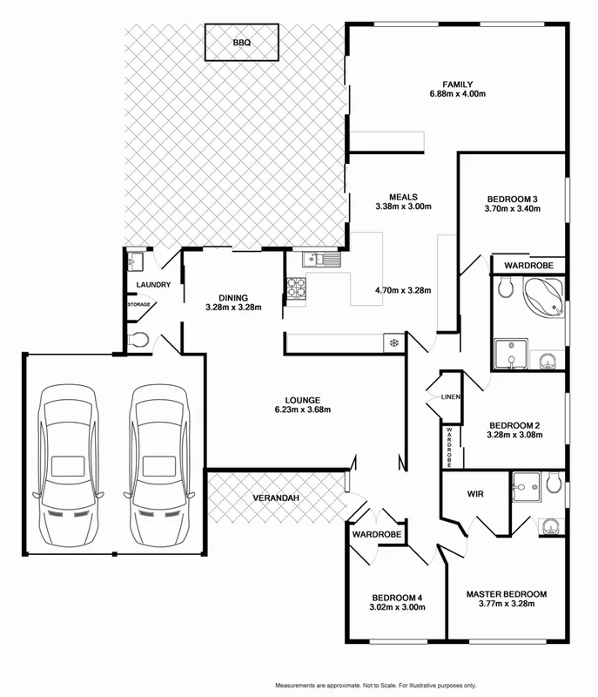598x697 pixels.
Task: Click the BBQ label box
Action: (241, 43)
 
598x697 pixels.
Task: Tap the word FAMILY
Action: (450, 85)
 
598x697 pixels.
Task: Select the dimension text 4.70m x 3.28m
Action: (403, 291)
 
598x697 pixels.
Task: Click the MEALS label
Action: (403, 196)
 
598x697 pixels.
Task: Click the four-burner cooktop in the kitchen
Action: (295, 288)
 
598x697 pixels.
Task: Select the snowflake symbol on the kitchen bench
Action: (393, 342)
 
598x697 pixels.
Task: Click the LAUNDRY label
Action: (153, 285)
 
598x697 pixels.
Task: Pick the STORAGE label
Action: (139, 304)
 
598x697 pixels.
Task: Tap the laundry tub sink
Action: (134, 261)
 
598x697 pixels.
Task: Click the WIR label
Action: (475, 494)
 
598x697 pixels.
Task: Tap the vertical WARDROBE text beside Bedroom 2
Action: (450, 445)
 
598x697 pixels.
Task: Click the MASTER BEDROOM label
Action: (506, 594)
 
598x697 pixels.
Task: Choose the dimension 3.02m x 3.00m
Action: (398, 607)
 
